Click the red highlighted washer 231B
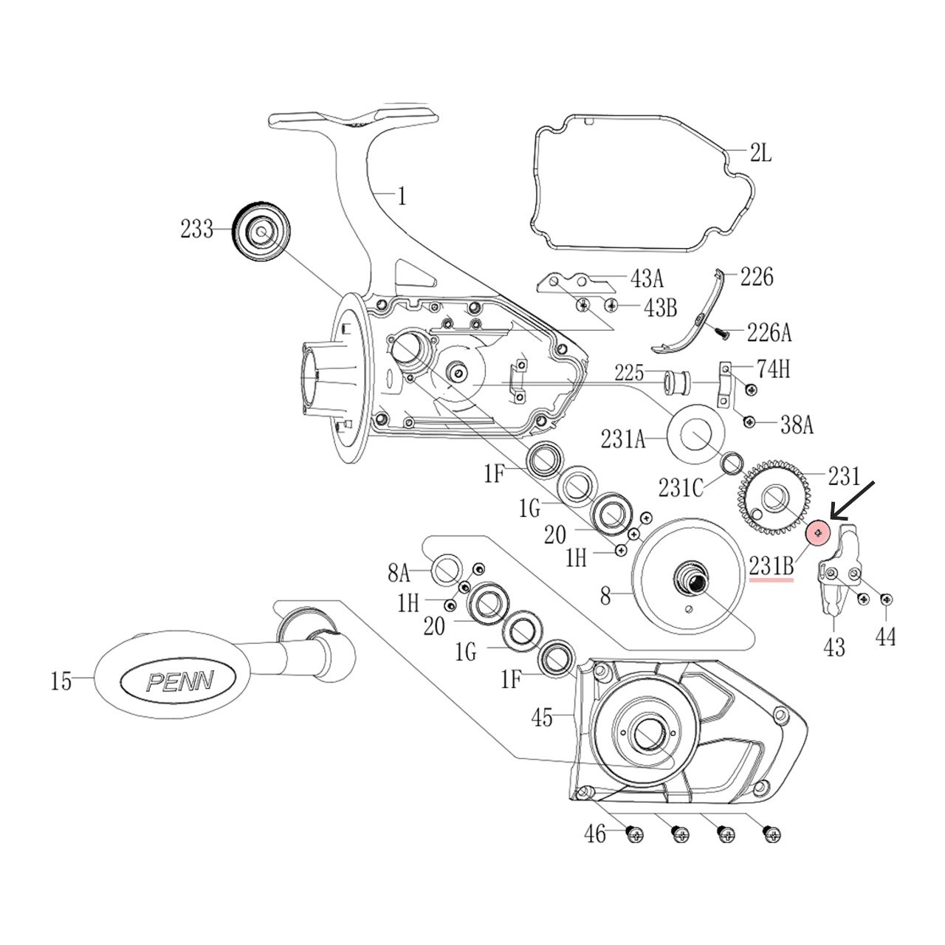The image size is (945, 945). click(818, 532)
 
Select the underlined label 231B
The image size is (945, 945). click(772, 566)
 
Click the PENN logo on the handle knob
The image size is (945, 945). click(179, 679)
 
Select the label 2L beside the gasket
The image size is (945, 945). click(760, 155)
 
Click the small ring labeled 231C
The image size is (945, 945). click(732, 464)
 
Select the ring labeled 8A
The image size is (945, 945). click(446, 571)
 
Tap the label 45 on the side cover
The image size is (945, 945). click(542, 716)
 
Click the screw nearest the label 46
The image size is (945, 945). click(633, 835)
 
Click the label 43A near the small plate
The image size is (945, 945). click(647, 279)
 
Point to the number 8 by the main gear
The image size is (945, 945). click(605, 595)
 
